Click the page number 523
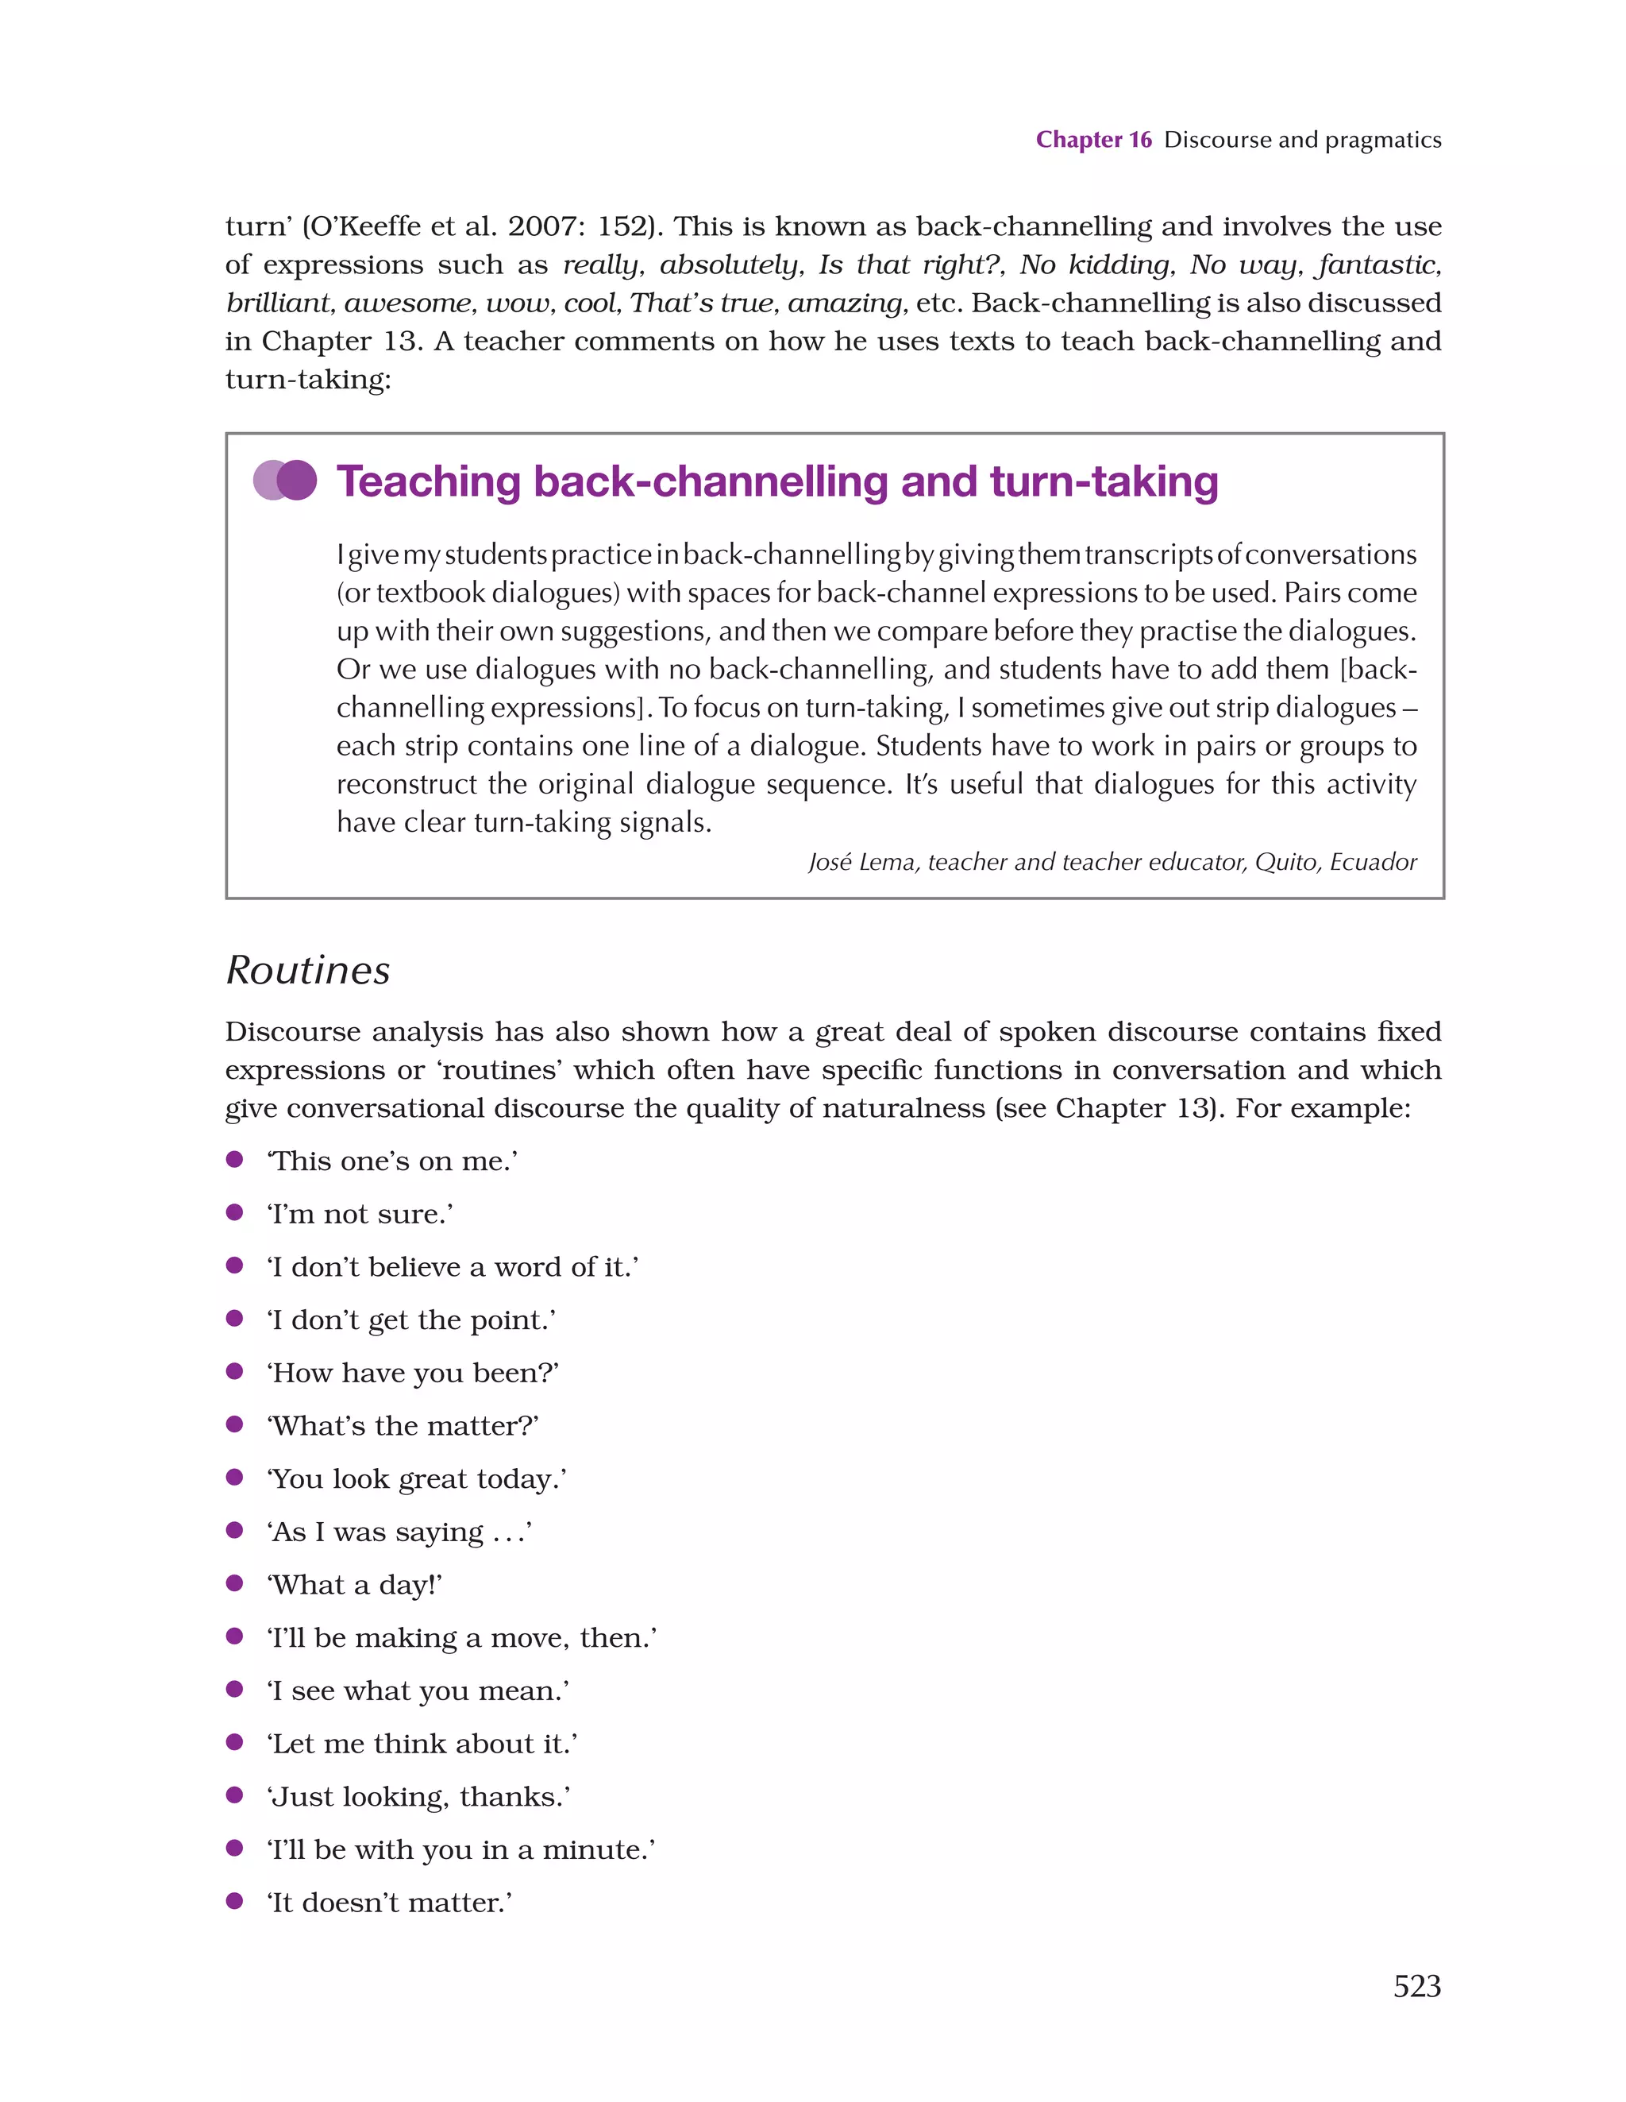1416,1987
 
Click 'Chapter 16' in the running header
1093,140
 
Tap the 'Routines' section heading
308,970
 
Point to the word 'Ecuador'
1373,863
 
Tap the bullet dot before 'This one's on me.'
233,1160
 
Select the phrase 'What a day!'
354,1585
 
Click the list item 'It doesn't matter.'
389,1903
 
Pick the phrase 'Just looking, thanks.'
418,1797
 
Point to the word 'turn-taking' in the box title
1104,481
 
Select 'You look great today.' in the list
417,1479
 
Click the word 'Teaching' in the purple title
428,481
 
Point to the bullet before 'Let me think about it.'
233,1742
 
